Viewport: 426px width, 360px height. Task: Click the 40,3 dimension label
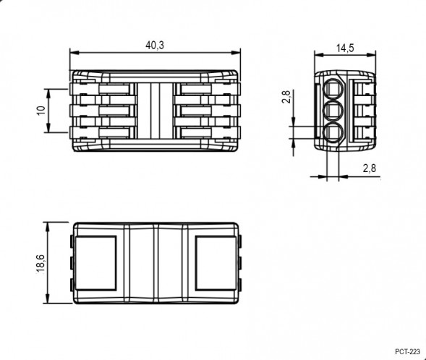coord(155,45)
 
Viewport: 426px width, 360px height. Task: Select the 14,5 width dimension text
coord(345,48)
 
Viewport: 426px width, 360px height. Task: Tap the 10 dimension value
coord(41,110)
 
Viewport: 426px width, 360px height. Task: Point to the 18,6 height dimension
coord(41,264)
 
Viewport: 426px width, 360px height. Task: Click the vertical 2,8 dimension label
coord(286,96)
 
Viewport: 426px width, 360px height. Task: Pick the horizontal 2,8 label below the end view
coord(370,168)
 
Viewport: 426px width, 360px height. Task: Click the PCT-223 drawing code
coord(407,351)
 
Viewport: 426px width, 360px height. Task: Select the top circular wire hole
coord(333,89)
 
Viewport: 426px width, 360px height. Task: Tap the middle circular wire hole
coord(333,111)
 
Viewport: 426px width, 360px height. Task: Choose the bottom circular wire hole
coord(333,133)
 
